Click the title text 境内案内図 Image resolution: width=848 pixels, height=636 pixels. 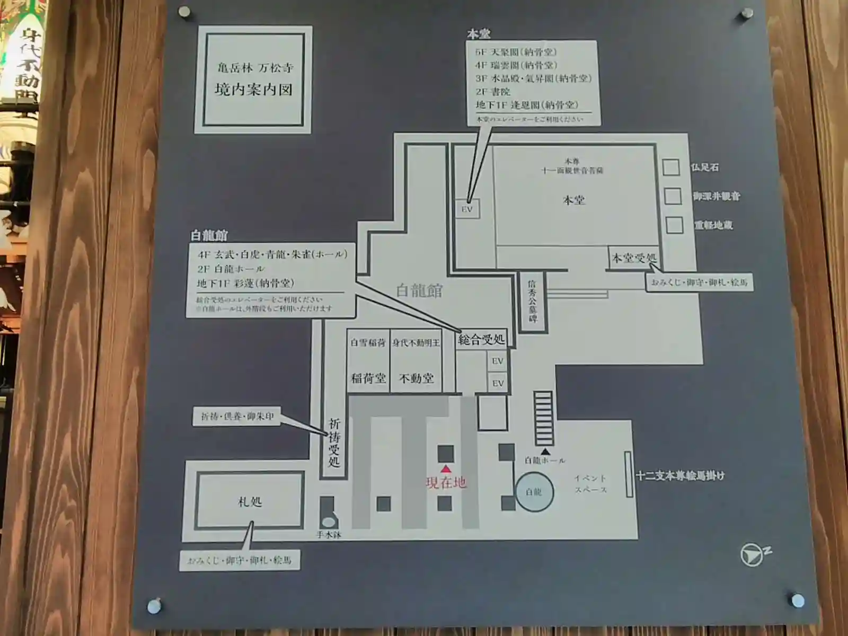(x=253, y=89)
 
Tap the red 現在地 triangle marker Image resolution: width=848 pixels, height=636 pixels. (x=446, y=469)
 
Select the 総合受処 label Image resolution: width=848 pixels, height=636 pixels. (x=481, y=339)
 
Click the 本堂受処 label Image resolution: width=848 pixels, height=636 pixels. (x=634, y=259)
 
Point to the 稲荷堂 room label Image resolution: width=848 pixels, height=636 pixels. (x=368, y=378)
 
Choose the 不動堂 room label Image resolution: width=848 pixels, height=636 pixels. (x=416, y=378)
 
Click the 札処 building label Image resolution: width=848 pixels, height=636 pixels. (x=250, y=501)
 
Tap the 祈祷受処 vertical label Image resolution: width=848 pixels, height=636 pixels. (x=334, y=443)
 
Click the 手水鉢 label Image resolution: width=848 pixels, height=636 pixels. (x=329, y=535)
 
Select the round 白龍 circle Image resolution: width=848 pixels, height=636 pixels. (x=534, y=492)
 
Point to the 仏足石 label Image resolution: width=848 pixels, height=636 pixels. (x=704, y=167)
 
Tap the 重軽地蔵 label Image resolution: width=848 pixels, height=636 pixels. (x=713, y=225)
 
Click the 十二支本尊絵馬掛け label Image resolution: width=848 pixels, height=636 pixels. (x=680, y=476)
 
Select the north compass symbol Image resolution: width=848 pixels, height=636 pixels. (x=753, y=555)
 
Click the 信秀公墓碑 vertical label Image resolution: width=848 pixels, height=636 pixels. (x=532, y=302)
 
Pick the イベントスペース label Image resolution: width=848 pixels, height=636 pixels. (x=590, y=484)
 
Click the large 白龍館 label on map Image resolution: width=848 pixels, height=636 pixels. (x=419, y=290)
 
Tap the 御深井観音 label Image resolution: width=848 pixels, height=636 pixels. (x=717, y=196)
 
